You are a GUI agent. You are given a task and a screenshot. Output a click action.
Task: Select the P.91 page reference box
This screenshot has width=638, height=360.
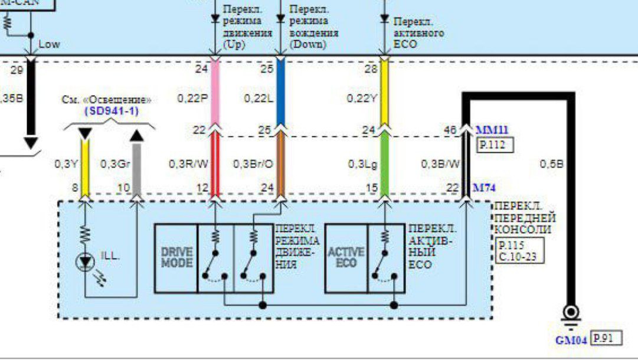coord(606,338)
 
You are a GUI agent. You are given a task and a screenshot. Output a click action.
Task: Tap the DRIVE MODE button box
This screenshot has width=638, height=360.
coord(176,257)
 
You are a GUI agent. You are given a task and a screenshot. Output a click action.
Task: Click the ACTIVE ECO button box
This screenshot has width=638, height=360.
coord(346,257)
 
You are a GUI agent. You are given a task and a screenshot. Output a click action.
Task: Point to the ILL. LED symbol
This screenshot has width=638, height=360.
coord(86,261)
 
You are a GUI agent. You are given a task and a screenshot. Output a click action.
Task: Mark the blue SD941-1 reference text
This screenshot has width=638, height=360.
coord(112,110)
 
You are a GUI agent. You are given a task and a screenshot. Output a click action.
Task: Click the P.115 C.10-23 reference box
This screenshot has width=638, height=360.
coord(519,251)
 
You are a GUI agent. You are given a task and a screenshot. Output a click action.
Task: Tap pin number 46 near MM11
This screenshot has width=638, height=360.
coord(451,130)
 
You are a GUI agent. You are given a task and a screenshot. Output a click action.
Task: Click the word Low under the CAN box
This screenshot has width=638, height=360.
coord(49,44)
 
